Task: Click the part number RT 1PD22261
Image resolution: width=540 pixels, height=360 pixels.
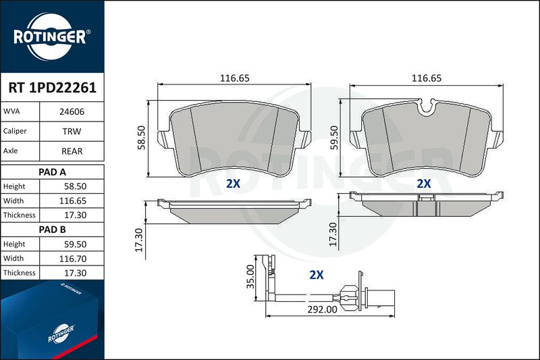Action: pyautogui.click(x=53, y=88)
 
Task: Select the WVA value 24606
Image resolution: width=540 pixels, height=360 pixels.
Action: pyautogui.click(x=72, y=111)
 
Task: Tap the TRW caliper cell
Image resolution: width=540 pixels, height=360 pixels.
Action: pyautogui.click(x=72, y=131)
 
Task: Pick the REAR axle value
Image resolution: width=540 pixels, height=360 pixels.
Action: pyautogui.click(x=72, y=151)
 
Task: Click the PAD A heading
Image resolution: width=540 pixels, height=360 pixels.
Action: pyautogui.click(x=52, y=172)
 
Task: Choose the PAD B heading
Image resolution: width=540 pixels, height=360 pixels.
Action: pyautogui.click(x=52, y=230)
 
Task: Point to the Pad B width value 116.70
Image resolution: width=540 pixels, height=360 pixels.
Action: pyautogui.click(x=73, y=259)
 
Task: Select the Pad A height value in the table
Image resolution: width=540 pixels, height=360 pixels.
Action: pyautogui.click(x=75, y=186)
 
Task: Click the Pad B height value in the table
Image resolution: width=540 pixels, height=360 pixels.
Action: pyautogui.click(x=75, y=245)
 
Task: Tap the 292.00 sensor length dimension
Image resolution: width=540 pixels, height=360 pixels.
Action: pyautogui.click(x=323, y=309)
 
